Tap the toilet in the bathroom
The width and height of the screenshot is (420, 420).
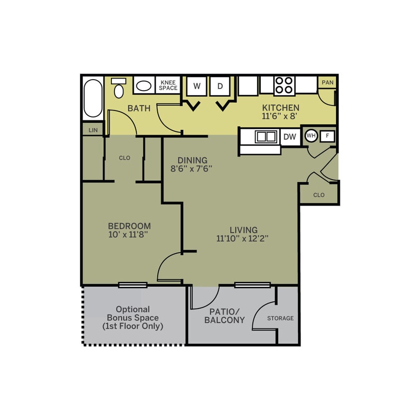click(x=118, y=89)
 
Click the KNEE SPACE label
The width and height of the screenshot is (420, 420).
click(x=168, y=85)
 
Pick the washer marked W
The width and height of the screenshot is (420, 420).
click(x=197, y=86)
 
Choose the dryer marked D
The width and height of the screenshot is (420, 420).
click(x=219, y=86)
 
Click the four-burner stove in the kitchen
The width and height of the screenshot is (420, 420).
click(x=284, y=85)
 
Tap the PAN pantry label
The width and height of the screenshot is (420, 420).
click(x=327, y=83)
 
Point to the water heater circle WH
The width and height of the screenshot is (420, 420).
click(x=311, y=135)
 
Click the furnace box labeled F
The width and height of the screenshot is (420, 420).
click(x=327, y=135)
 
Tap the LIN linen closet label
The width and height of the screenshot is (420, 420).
click(x=93, y=130)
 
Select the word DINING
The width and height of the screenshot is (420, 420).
click(x=192, y=160)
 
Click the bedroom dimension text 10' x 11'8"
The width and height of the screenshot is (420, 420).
click(x=129, y=234)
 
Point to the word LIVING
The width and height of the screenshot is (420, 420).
click(x=243, y=230)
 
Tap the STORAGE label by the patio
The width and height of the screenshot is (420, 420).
click(x=280, y=318)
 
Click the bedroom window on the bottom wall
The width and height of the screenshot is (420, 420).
click(x=133, y=285)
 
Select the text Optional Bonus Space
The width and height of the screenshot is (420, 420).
click(x=132, y=314)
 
